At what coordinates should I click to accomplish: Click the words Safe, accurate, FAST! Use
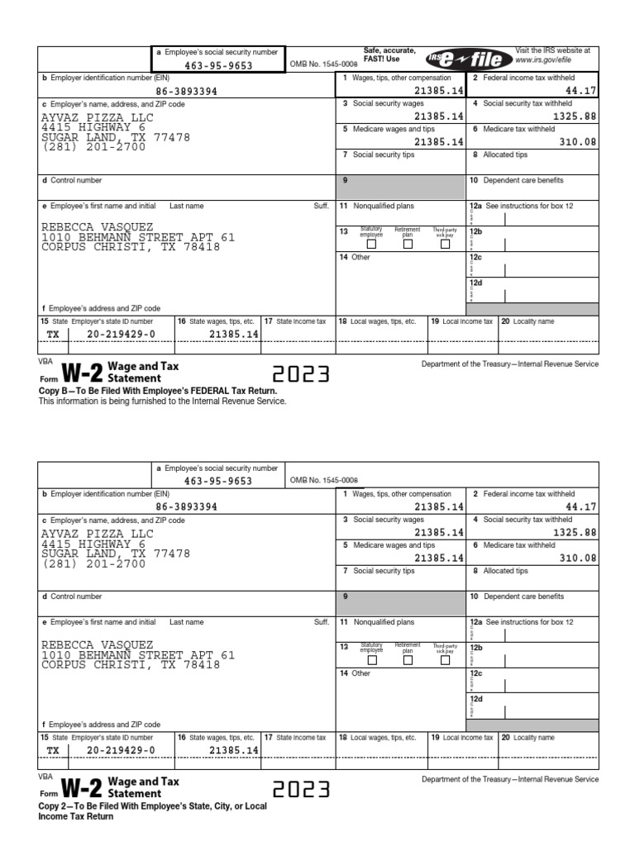[x=389, y=55]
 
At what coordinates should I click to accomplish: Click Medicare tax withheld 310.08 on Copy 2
[x=575, y=558]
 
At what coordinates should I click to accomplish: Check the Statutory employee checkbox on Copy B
[x=371, y=244]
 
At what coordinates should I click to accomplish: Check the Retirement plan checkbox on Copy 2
[x=408, y=659]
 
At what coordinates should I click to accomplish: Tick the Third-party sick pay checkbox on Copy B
[x=445, y=244]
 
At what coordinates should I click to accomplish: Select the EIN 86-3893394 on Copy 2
[x=186, y=507]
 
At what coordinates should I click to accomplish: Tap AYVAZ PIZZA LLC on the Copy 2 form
[x=98, y=534]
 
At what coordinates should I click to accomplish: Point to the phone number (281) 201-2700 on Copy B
[x=93, y=148]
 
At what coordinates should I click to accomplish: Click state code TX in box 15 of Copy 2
[x=53, y=750]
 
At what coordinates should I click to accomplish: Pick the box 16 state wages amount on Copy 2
[x=234, y=750]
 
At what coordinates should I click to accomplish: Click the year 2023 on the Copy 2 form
[x=301, y=791]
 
